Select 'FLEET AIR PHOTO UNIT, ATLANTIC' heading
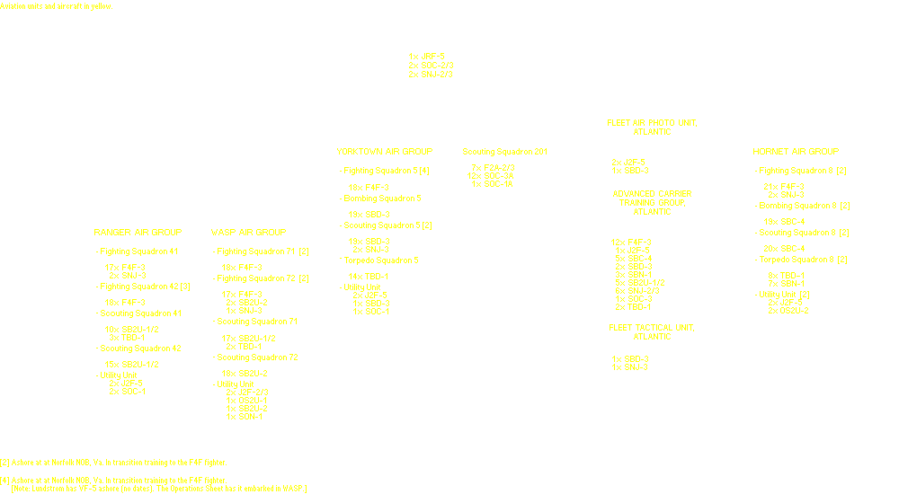click(x=652, y=127)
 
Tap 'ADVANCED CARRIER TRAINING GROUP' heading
click(x=653, y=202)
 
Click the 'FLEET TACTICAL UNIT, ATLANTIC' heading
click(x=652, y=331)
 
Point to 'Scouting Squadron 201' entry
click(x=504, y=152)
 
